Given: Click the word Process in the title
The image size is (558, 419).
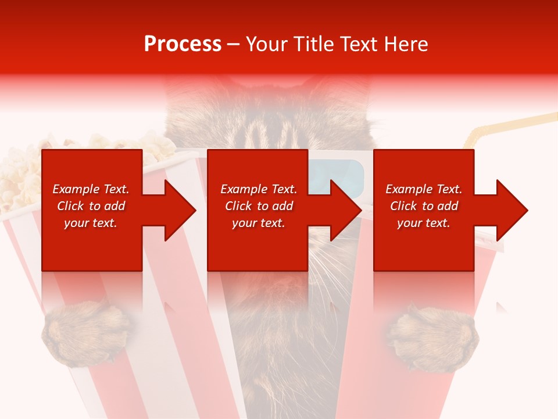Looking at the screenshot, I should click(x=183, y=44).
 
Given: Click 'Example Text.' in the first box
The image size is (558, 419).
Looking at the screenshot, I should click(x=91, y=189).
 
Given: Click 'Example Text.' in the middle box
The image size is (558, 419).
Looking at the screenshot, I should click(x=259, y=189).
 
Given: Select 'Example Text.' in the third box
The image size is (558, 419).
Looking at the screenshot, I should click(x=424, y=189).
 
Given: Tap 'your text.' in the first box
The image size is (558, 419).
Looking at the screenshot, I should click(x=91, y=223).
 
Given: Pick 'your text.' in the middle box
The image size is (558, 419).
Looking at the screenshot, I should click(x=259, y=223).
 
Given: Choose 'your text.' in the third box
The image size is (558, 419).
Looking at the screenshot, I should click(x=424, y=223).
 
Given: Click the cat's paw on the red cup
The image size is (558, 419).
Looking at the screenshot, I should click(x=434, y=338).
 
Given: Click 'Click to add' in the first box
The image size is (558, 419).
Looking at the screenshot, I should click(x=91, y=206).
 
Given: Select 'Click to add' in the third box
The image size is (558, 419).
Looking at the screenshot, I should click(x=424, y=206).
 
